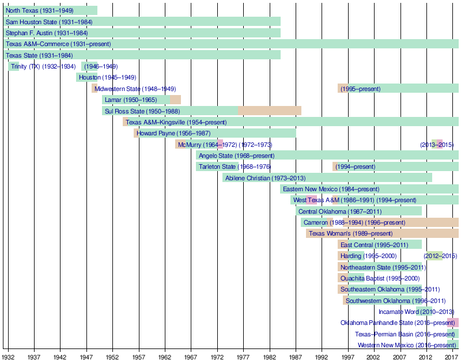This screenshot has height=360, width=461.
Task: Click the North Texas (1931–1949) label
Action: pyautogui.click(x=39, y=11)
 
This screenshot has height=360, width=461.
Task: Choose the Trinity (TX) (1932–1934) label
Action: pyautogui.click(x=43, y=66)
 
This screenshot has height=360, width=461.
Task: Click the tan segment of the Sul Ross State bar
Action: pyautogui.click(x=269, y=111)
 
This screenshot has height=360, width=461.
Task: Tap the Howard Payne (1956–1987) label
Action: pyautogui.click(x=173, y=133)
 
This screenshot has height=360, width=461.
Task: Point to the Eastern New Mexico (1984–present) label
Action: pyautogui.click(x=331, y=189)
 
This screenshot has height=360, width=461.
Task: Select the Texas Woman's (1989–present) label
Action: pyautogui.click(x=350, y=233)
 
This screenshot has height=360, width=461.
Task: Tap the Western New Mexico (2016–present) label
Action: pyautogui.click(x=406, y=345)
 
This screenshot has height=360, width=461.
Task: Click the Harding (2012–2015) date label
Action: pyautogui.click(x=440, y=256)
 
